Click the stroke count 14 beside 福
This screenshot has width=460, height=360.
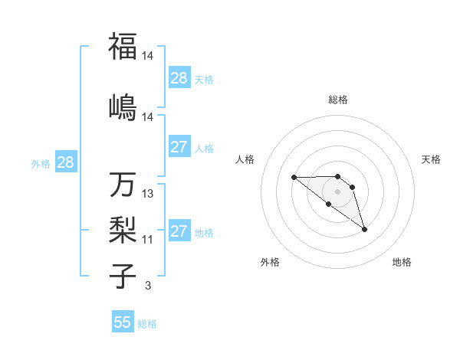[x=148, y=56]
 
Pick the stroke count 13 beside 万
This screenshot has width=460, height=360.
[x=148, y=194]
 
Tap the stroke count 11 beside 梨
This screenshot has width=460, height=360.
[x=148, y=240]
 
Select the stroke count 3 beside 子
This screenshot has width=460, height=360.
[x=147, y=286]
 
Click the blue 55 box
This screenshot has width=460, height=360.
[x=123, y=322]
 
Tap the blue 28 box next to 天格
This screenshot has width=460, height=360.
[x=179, y=78]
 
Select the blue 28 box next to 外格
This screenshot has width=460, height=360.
[x=65, y=162]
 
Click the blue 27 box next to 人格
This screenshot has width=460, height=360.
[x=179, y=147]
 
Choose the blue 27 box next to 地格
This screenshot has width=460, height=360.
[x=179, y=231]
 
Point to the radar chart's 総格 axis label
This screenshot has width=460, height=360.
[x=338, y=100]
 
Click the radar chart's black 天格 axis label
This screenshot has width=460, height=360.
[x=431, y=159]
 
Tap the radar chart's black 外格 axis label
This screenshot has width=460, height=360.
[x=270, y=262]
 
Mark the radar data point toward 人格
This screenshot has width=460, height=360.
[x=294, y=178]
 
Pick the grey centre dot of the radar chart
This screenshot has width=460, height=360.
[x=338, y=191]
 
